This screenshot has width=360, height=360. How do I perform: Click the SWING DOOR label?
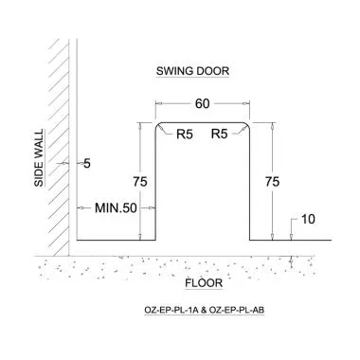[x=192, y=71]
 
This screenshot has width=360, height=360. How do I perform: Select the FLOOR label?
[x=203, y=282]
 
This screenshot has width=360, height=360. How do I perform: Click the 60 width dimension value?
[x=202, y=102]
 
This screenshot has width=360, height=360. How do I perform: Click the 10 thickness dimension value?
[x=307, y=220]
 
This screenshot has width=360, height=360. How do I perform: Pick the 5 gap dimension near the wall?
[x=86, y=164]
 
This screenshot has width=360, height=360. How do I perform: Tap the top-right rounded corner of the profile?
[x=247, y=125]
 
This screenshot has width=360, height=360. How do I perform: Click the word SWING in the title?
[x=173, y=71]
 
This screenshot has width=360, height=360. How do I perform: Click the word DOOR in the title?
[x=213, y=71]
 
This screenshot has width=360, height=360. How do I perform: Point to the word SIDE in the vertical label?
[x=40, y=173]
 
